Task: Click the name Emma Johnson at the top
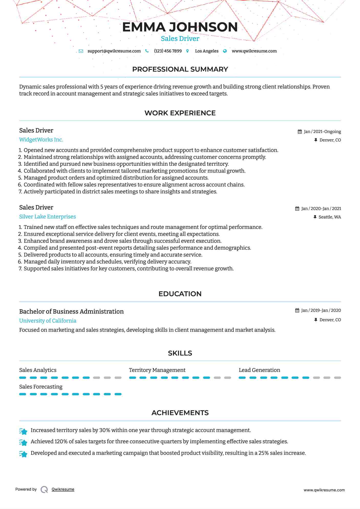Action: coord(180,27)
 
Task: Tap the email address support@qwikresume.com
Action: coord(114,51)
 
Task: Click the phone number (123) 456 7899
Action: coord(168,51)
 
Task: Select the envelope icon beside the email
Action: coord(81,51)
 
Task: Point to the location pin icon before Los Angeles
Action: coord(188,51)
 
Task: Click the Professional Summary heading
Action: coord(180,69)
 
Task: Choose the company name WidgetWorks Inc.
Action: coord(41,140)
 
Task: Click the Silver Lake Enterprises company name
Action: coord(47,217)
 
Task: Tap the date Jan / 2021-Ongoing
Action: coord(322,131)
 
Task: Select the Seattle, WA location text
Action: coord(330,217)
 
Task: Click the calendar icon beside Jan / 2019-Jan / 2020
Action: coord(297,310)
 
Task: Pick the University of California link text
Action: coord(48,321)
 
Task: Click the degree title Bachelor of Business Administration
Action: coord(71,312)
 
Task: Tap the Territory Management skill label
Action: coord(157,370)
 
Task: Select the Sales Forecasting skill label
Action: coord(41,387)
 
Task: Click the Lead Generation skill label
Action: coord(259,370)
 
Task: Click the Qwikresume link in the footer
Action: coord(63,489)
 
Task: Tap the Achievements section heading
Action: coord(180,413)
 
